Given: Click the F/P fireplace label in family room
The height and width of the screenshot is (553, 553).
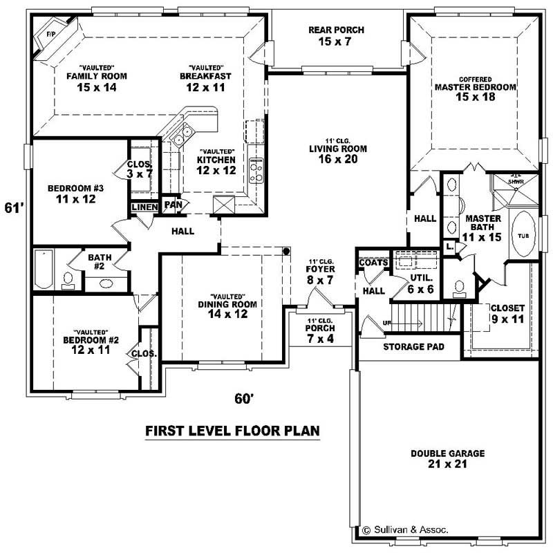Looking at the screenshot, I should [x=50, y=33].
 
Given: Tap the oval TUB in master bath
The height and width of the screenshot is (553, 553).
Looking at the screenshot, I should [x=521, y=235].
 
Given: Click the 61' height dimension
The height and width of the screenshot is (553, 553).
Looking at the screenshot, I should [x=14, y=207].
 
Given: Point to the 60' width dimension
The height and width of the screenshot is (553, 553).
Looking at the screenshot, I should [x=243, y=398].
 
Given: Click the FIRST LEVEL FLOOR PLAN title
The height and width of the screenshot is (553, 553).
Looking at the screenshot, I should [x=232, y=431].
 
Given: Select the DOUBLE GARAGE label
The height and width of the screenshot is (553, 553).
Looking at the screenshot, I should [x=447, y=459].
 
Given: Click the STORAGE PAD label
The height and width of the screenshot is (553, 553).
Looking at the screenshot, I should [x=413, y=346].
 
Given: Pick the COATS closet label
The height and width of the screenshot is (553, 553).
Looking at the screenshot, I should [x=372, y=262].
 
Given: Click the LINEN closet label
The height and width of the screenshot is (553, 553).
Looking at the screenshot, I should [x=145, y=207].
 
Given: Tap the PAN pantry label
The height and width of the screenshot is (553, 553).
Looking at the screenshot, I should [x=172, y=205].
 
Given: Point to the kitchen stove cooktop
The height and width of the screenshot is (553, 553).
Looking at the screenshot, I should [x=256, y=169].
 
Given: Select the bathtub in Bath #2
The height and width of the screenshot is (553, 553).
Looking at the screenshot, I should [x=44, y=270].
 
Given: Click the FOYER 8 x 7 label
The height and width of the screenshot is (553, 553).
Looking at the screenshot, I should [x=321, y=274].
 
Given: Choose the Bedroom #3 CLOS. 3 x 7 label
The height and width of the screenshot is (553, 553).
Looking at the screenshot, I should [x=140, y=169].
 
